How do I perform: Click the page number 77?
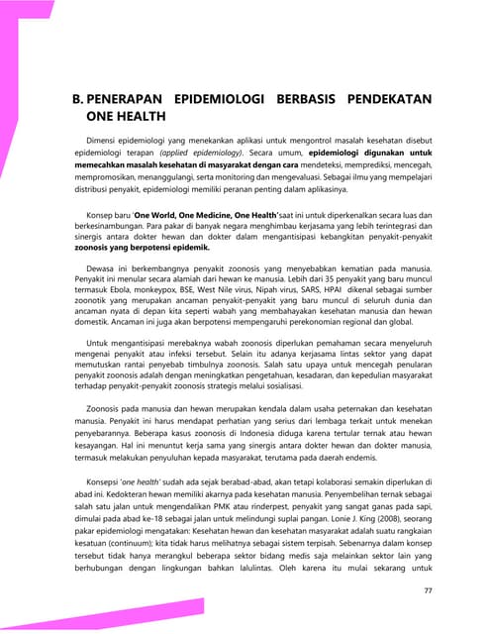point(429,590)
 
